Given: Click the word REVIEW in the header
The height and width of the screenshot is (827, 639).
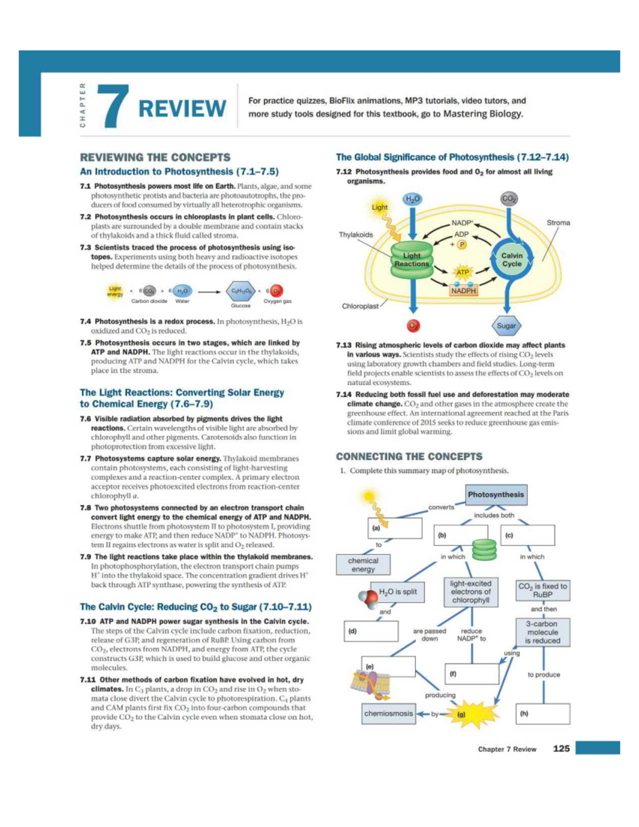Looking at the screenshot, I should click(x=182, y=108).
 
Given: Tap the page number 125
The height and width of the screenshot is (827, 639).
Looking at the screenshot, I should click(x=561, y=748).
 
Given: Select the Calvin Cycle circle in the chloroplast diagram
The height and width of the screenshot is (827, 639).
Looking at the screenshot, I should click(x=511, y=259).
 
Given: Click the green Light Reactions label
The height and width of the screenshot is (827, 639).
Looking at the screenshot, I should click(x=412, y=259).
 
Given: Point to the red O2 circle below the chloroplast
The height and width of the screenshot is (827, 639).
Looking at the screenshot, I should click(x=413, y=325).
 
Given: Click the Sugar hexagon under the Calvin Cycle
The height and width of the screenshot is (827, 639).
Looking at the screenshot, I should click(x=506, y=325).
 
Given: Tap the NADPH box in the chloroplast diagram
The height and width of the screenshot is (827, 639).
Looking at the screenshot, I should click(x=463, y=291).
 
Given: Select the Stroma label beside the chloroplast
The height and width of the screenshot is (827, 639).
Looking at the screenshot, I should click(x=558, y=223).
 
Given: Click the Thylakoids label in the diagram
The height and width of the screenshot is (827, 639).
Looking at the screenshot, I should click(x=356, y=234).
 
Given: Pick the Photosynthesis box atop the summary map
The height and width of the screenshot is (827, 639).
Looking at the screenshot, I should click(x=496, y=494).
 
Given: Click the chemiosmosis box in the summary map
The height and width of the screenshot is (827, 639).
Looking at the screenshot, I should click(x=388, y=713).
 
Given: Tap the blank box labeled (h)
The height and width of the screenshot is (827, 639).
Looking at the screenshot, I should click(x=543, y=714).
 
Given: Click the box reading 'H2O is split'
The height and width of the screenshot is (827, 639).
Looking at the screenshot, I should click(x=398, y=592).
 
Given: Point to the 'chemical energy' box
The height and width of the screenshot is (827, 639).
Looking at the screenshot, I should click(x=363, y=564).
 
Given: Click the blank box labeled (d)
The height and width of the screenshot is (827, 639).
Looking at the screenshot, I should click(x=372, y=631).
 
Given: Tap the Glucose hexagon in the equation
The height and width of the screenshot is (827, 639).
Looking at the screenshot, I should click(x=241, y=291).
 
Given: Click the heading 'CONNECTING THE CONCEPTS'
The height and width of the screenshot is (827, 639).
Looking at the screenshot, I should click(x=409, y=456).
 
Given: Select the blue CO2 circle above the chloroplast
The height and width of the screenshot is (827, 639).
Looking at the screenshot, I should click(x=509, y=199).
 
